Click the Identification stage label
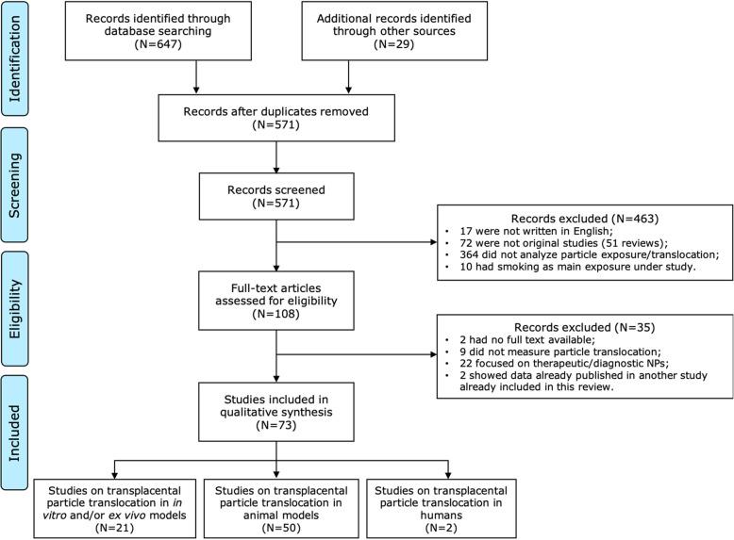pyautogui.click(x=20, y=57)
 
